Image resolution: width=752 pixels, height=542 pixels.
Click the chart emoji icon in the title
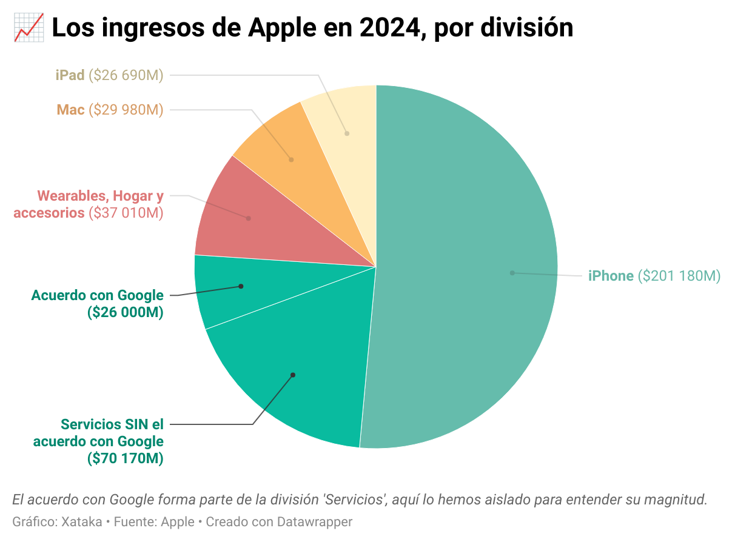(x=28, y=28)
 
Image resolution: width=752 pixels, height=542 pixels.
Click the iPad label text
(x=69, y=75)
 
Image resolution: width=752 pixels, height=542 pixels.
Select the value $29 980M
(x=126, y=110)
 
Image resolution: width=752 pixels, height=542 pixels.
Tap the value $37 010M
(x=126, y=213)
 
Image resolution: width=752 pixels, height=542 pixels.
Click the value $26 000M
(x=126, y=313)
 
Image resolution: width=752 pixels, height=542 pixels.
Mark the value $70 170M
(x=126, y=458)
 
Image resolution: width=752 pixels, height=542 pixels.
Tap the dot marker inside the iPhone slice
(x=512, y=273)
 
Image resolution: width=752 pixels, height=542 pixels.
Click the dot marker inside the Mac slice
(x=292, y=159)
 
